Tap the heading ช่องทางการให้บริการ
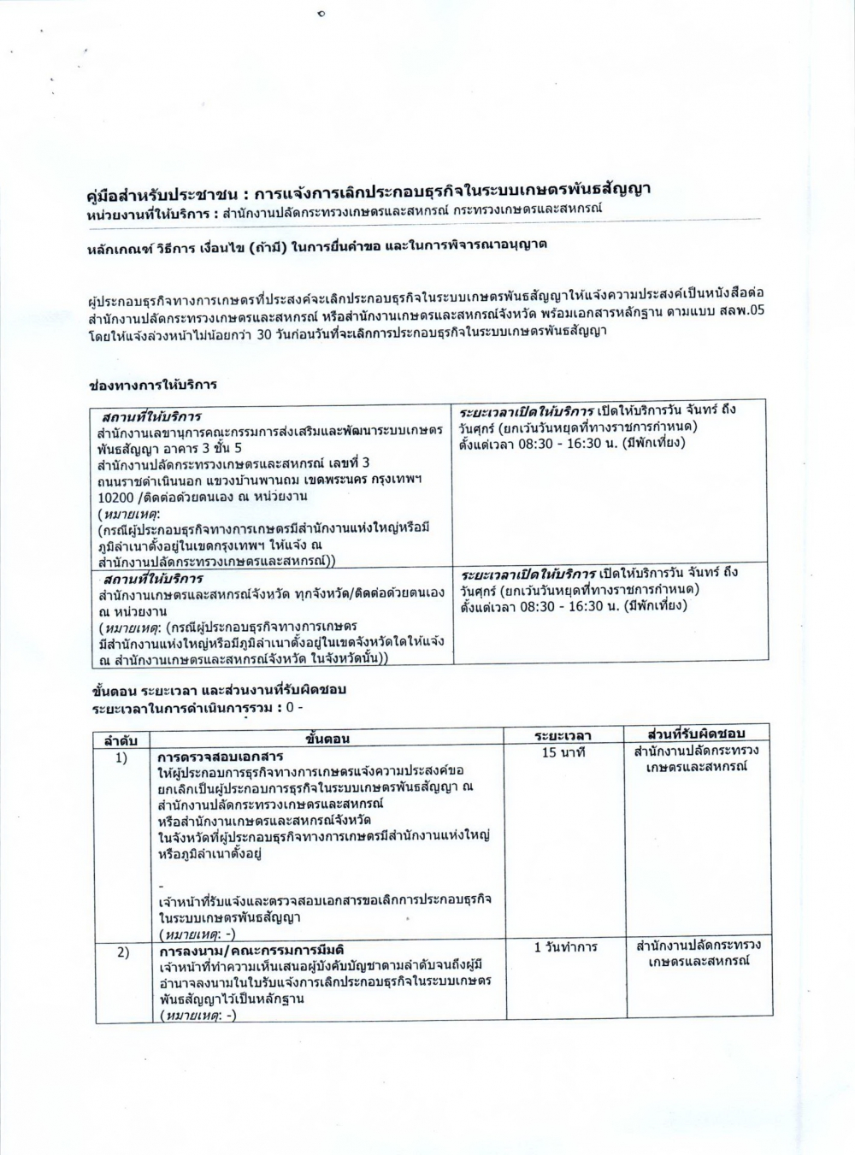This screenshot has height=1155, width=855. pos(153,385)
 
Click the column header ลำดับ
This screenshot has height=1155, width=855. pos(121,739)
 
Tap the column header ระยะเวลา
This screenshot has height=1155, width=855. pos(563,736)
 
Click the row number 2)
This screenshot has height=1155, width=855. pos(122,952)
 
